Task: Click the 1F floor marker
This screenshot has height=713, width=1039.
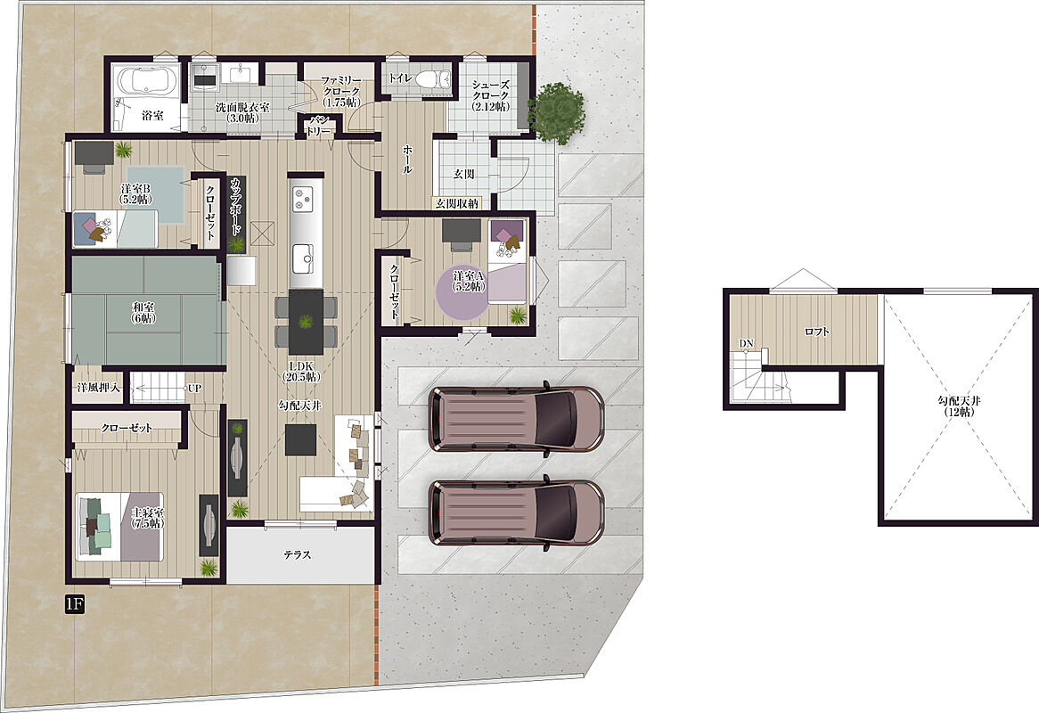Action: [x=74, y=603]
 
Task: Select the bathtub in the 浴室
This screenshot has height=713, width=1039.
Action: [x=146, y=81]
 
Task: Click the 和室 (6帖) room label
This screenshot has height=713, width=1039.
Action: [x=143, y=311]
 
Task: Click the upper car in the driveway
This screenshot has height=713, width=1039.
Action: [x=516, y=420]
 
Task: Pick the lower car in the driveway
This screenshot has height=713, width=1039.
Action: [x=516, y=512]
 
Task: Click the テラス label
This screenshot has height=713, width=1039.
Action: [x=298, y=555]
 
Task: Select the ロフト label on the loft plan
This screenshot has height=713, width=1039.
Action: [x=816, y=332]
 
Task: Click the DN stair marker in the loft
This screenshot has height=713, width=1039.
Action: [x=746, y=343]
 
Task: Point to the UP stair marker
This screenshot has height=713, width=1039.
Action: [x=194, y=389]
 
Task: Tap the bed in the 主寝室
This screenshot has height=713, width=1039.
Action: [x=120, y=527]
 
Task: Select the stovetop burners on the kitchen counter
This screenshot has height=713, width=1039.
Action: [x=305, y=198]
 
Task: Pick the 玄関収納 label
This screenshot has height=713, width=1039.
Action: [x=456, y=203]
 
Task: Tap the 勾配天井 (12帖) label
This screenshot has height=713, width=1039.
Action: [x=959, y=406]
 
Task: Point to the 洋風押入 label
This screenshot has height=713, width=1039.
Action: [x=99, y=388]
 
